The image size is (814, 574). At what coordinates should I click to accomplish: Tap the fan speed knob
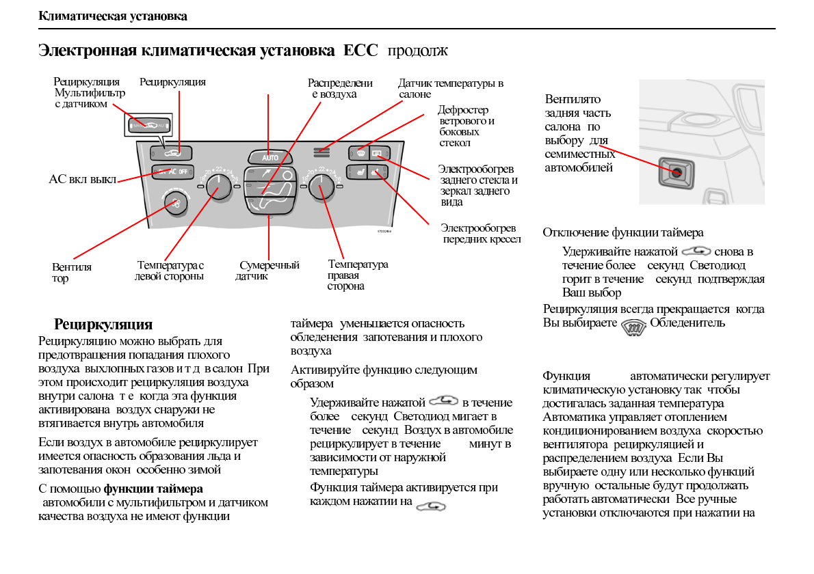(x=176, y=203)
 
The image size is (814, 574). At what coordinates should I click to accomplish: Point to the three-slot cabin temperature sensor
(x=321, y=151)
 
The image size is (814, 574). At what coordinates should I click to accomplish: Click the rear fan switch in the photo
(x=676, y=172)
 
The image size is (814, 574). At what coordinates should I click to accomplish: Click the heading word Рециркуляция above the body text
(x=103, y=324)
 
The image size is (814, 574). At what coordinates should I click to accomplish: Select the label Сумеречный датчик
(x=267, y=271)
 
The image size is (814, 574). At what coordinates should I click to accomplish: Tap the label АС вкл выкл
(x=82, y=180)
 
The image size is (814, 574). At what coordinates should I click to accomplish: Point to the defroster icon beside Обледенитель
(x=633, y=326)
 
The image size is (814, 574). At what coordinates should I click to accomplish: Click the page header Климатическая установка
(x=113, y=16)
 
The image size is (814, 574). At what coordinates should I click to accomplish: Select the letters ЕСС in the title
(x=360, y=51)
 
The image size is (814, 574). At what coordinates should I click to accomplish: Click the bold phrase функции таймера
(x=153, y=489)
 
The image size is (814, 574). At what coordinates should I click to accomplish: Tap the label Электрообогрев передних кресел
(x=480, y=234)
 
